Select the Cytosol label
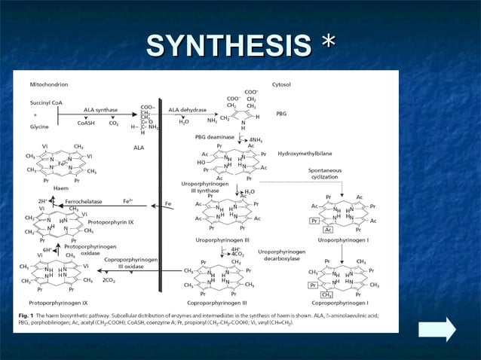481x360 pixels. point(282,84)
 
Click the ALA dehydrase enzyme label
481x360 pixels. point(188,110)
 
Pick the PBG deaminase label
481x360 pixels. point(215,138)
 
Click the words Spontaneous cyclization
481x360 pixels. point(325,174)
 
